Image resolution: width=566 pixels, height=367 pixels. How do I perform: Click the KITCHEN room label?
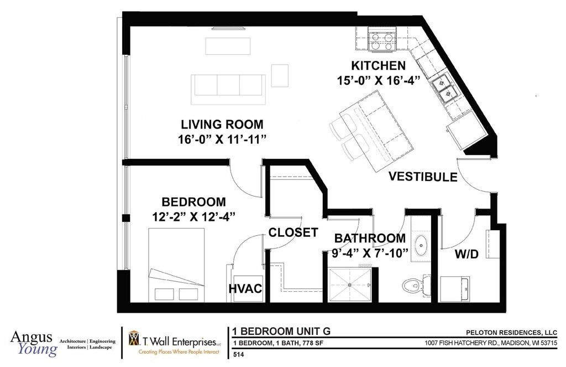click(x=378, y=65)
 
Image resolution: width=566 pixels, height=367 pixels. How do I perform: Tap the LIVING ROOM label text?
click(x=222, y=125)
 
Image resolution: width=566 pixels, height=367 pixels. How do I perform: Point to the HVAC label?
click(x=245, y=288)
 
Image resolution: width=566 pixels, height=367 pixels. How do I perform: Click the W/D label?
click(x=467, y=254)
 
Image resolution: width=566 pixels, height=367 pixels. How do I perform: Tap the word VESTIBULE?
click(x=423, y=177)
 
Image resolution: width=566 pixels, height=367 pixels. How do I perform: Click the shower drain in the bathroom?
click(x=349, y=285)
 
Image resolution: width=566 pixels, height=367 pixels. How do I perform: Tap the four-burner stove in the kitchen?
click(x=380, y=42)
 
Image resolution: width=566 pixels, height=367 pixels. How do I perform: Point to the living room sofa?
click(x=228, y=90)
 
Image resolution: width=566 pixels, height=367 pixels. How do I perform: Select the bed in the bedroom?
click(x=176, y=265)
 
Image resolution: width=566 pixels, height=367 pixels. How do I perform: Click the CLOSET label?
click(x=293, y=232)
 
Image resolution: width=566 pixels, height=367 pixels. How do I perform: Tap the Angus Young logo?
click(x=34, y=343)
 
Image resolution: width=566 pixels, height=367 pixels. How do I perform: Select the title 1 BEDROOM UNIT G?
click(x=281, y=331)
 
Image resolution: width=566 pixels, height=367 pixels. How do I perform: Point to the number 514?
click(x=239, y=355)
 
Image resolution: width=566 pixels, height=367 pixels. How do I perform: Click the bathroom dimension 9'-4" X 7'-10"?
click(x=370, y=253)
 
